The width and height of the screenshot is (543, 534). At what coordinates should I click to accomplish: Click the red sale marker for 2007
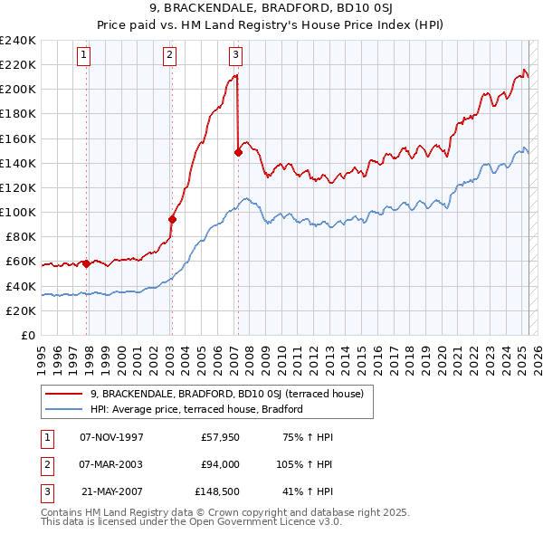coord(238,152)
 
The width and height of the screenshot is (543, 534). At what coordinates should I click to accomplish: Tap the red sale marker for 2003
coord(172,219)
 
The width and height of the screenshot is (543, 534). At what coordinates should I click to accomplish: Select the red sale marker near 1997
coord(86,264)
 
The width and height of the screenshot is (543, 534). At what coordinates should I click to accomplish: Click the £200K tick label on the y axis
coord(18,89)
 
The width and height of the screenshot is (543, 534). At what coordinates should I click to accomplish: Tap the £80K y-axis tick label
coord(21,237)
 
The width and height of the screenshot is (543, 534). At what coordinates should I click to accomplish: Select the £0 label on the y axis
coord(29,336)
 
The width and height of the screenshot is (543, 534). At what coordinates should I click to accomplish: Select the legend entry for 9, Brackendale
coord(226,394)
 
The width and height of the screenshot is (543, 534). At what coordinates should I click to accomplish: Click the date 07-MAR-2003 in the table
coord(111,464)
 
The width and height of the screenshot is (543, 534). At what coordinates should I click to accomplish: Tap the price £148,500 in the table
coord(217,491)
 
